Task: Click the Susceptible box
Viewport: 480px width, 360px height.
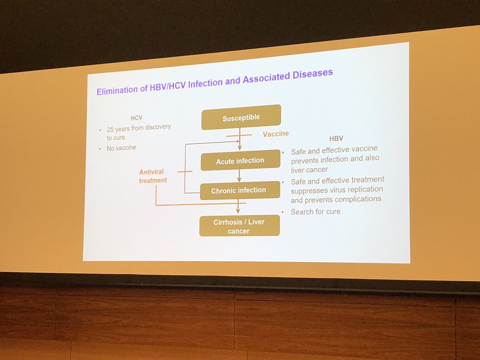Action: tap(241, 118)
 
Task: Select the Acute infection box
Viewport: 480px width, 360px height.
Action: tap(240, 161)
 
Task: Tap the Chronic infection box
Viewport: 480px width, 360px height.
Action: tap(239, 190)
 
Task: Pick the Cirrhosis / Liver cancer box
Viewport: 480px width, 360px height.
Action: tap(239, 226)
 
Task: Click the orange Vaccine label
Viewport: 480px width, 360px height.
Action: tap(276, 134)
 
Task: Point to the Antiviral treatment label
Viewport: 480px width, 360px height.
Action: tap(153, 176)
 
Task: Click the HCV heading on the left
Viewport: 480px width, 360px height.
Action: tap(136, 118)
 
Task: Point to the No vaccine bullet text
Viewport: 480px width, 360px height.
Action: tap(121, 148)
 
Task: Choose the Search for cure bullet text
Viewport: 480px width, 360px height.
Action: tap(316, 212)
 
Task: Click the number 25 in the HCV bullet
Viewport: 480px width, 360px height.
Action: tap(111, 130)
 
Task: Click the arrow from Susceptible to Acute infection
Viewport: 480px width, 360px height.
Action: tap(240, 140)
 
